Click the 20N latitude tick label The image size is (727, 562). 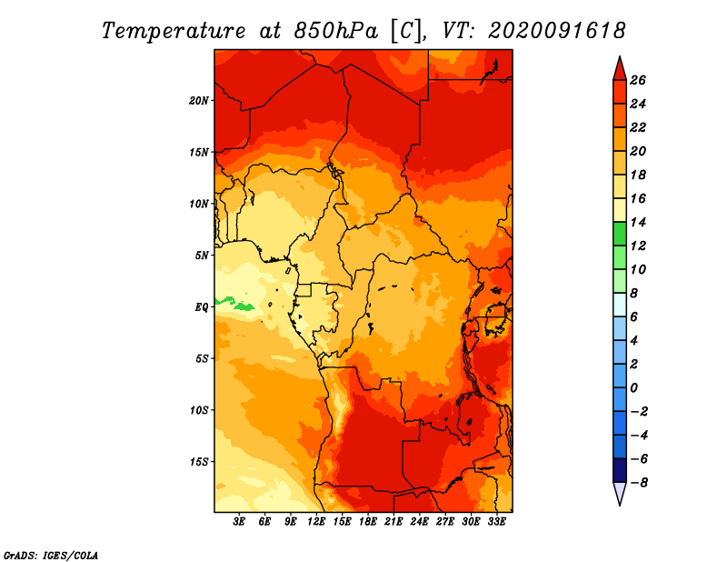pyautogui.click(x=198, y=101)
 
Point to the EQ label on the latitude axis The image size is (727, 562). pyautogui.click(x=201, y=307)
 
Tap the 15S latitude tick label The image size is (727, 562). pyautogui.click(x=198, y=462)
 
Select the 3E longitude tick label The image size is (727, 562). pyautogui.click(x=239, y=522)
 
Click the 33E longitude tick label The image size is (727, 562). pyautogui.click(x=496, y=522)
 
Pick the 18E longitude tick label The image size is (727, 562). pyautogui.click(x=368, y=522)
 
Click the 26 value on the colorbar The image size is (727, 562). pyautogui.click(x=638, y=80)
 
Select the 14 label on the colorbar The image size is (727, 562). pyautogui.click(x=638, y=222)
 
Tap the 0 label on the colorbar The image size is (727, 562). pyautogui.click(x=633, y=388)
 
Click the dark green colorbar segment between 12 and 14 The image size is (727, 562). pyautogui.click(x=620, y=234)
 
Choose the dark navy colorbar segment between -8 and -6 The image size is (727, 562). pyautogui.click(x=620, y=470)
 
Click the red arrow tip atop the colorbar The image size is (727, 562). pyautogui.click(x=620, y=56)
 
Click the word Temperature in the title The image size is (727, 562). pyautogui.click(x=173, y=31)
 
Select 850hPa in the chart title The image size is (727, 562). pyautogui.click(x=335, y=31)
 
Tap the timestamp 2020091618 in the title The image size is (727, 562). pyautogui.click(x=556, y=31)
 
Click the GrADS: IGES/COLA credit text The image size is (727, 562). pyautogui.click(x=51, y=556)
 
